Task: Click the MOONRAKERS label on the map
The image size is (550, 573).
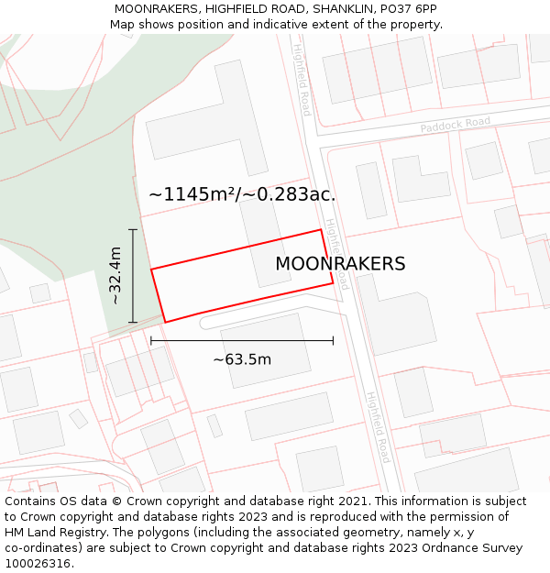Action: point(340,264)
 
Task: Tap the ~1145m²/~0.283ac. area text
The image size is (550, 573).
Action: point(242,194)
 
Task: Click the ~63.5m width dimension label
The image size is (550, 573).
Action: point(242,359)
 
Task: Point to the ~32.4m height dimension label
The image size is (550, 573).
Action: point(115,276)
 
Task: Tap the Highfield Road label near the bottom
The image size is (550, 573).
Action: point(379,427)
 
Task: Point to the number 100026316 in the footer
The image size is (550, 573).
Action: point(38,564)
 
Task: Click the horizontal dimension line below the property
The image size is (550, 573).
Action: point(275,341)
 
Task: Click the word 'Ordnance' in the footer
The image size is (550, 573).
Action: point(445,548)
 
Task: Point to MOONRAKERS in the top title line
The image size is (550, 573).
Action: point(158,9)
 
